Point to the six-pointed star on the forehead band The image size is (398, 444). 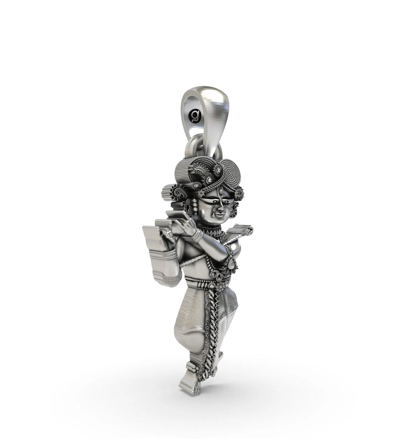202,194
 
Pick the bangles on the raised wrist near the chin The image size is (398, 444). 198,235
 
